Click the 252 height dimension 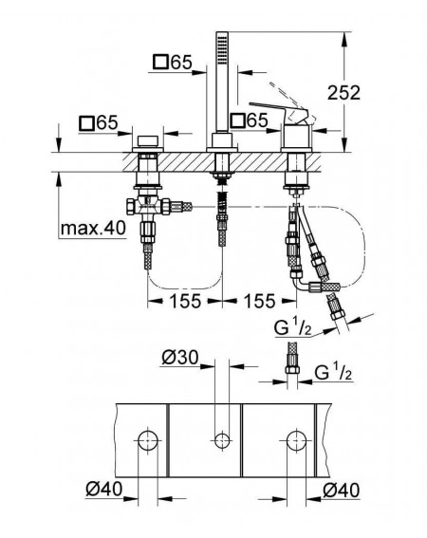[x=343, y=93]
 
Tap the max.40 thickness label [x=93, y=228]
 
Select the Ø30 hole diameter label [x=180, y=358]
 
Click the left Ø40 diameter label [x=103, y=489]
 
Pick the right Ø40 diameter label [x=342, y=490]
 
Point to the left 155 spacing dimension [x=185, y=301]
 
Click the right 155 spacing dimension [x=259, y=301]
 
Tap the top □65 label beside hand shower [x=173, y=63]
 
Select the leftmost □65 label [x=99, y=122]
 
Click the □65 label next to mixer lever [x=250, y=121]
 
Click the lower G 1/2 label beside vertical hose [x=333, y=372]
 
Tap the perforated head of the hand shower [x=222, y=48]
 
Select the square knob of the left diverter [x=148, y=141]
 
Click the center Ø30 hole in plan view [x=222, y=440]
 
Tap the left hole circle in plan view [x=148, y=440]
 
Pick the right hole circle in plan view [x=297, y=440]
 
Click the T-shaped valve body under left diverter [x=148, y=206]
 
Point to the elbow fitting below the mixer [x=303, y=282]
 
